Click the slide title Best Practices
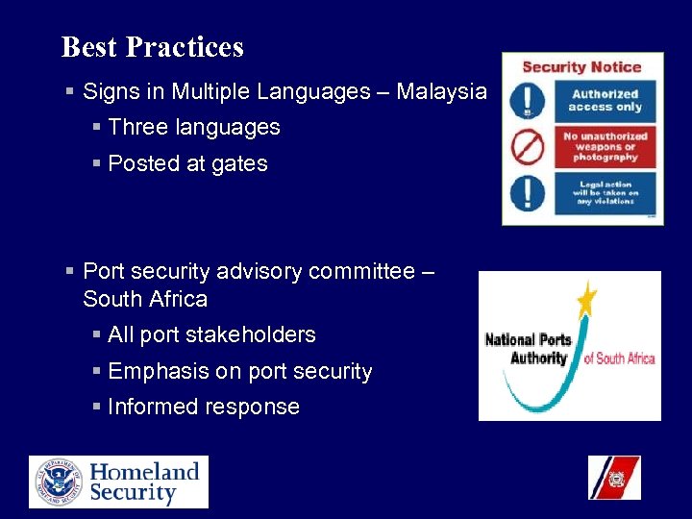[152, 47]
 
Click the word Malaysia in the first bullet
[441, 92]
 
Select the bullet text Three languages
[194, 128]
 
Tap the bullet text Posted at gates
[187, 164]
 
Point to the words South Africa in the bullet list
[145, 299]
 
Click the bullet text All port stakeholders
[211, 335]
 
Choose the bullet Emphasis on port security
[239, 372]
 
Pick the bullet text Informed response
[204, 408]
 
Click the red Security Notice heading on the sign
[581, 67]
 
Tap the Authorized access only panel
[605, 101]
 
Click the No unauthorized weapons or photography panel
[605, 147]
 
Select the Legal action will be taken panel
[605, 193]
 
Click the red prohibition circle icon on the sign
[528, 147]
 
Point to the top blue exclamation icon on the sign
[528, 101]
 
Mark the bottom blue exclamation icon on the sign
[528, 193]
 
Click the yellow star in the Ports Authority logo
[585, 302]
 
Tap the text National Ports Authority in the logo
[529, 349]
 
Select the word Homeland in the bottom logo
[144, 471]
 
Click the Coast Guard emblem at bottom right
[614, 478]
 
